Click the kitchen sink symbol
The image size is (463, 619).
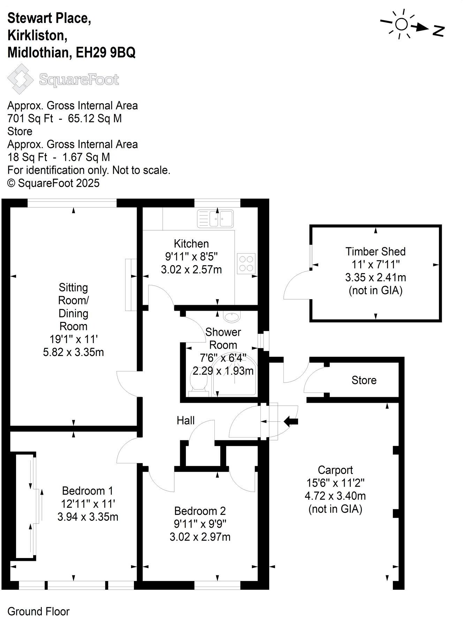coord(216,219)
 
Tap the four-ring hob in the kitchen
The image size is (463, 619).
coord(246,263)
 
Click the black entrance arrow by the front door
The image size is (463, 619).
coord(291,421)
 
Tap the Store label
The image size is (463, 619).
coord(364,380)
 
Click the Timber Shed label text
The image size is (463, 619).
coord(375,251)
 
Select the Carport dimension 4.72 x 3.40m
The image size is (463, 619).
coord(335,496)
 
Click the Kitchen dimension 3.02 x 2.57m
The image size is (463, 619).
coord(191,269)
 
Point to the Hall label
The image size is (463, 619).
coord(185,420)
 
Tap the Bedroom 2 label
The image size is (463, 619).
coord(200,511)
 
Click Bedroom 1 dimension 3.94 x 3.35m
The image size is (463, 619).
coord(88,517)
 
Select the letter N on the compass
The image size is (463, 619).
coord(439,31)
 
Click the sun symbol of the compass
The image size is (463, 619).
coord(401,24)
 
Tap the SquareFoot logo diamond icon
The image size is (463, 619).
coord(21,79)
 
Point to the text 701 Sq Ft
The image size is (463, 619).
coord(30,118)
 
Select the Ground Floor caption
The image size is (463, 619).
coord(38,611)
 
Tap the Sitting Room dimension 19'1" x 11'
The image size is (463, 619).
coord(73,339)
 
